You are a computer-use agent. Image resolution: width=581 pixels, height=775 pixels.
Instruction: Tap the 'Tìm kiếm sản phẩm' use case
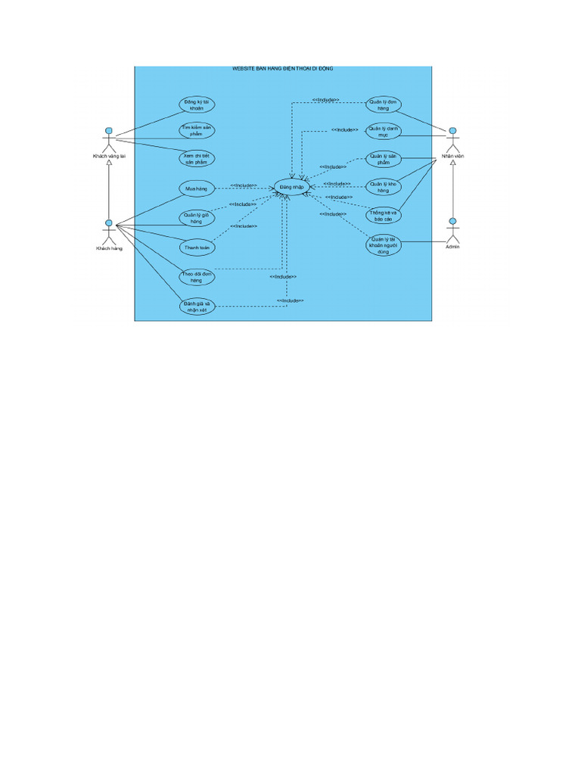(197, 131)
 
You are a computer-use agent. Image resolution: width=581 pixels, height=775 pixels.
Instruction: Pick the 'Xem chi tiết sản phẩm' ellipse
(197, 159)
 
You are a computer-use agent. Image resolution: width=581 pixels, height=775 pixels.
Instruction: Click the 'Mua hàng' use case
(195, 187)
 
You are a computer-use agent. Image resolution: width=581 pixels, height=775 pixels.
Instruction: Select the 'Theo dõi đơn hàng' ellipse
(195, 276)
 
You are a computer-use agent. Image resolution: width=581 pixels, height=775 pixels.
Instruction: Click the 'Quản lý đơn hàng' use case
(384, 104)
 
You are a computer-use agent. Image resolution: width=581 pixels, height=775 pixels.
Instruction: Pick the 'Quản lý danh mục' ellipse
(384, 131)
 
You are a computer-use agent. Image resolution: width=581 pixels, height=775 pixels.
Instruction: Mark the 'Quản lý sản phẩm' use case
(384, 159)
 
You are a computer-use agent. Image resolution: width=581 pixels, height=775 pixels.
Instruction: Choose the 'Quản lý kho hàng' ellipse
(384, 187)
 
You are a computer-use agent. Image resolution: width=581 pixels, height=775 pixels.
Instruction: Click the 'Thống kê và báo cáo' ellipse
(384, 216)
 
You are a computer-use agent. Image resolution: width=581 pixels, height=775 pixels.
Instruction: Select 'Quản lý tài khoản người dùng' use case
(384, 245)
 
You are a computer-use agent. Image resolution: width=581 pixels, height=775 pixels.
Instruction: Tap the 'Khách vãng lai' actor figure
(109, 140)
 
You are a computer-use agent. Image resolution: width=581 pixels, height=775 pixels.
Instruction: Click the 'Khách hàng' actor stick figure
(109, 232)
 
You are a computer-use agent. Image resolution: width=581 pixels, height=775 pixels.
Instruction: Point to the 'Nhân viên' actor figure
(452, 140)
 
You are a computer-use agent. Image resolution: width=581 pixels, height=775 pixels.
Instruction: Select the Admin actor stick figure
(452, 230)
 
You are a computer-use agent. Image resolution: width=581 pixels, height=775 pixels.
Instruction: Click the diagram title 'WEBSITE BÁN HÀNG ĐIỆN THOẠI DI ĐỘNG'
(283, 69)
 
